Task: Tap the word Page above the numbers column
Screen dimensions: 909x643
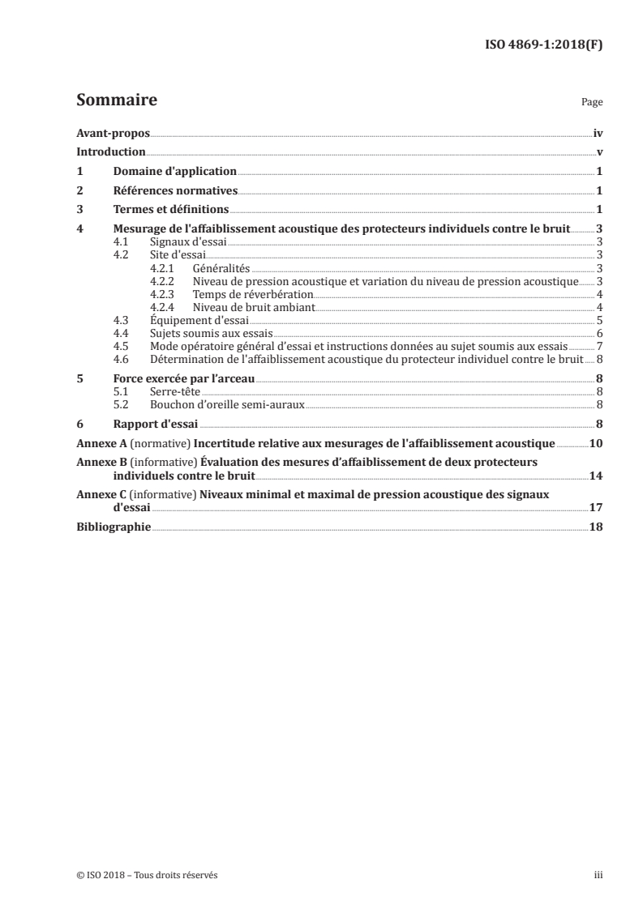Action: [x=592, y=104]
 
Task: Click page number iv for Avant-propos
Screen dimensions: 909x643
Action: [x=598, y=134]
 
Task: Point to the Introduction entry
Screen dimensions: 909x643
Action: [x=110, y=152]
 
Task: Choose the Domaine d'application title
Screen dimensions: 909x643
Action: [x=174, y=172]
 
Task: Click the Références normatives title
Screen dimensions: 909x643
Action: [x=175, y=191]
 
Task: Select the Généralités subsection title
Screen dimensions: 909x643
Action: [x=221, y=268]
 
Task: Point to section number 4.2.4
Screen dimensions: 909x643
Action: [x=164, y=307]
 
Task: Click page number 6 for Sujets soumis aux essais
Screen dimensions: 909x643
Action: [x=598, y=333]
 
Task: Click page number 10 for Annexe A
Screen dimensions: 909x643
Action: [x=595, y=443]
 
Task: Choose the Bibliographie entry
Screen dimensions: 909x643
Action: [x=114, y=527]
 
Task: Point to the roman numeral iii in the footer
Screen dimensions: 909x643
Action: [x=598, y=875]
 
